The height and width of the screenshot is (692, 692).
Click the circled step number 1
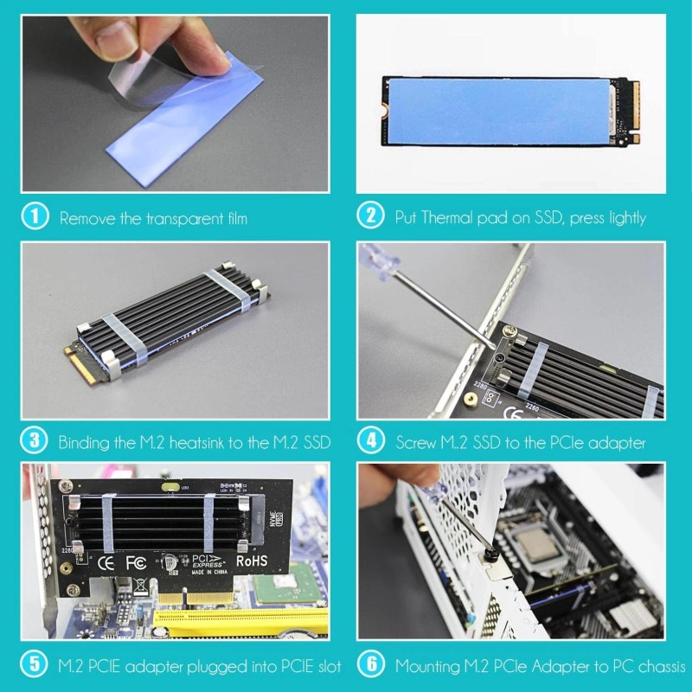(35, 217)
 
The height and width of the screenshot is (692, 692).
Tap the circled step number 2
(370, 217)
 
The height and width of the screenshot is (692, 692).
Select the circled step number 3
(35, 441)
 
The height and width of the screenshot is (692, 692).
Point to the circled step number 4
(370, 441)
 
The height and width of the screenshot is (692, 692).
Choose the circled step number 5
(35, 665)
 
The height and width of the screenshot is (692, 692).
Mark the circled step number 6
(370, 665)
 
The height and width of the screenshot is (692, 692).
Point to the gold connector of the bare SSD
(637, 111)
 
